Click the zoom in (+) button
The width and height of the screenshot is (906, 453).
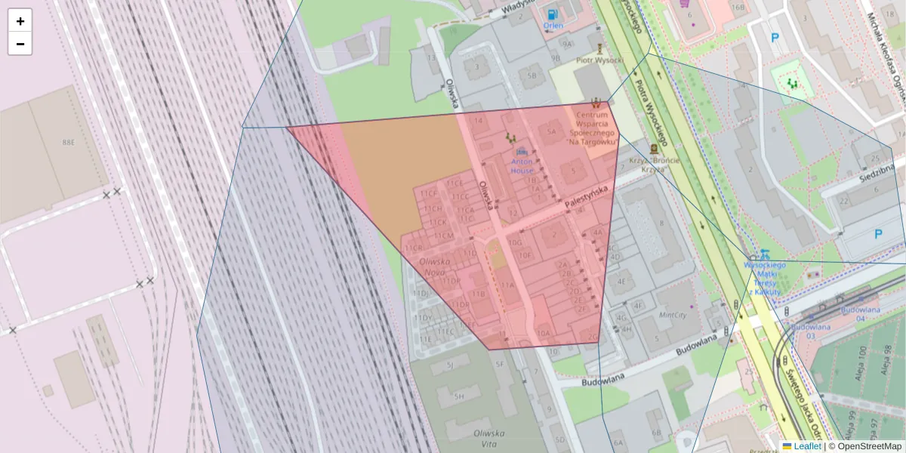(20, 21)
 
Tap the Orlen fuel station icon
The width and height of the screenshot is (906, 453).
(553, 14)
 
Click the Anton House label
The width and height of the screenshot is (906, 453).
(522, 165)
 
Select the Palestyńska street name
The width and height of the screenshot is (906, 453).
(586, 197)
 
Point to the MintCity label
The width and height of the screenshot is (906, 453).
(672, 315)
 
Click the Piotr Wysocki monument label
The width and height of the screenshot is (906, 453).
(599, 60)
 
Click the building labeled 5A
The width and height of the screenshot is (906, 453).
(551, 132)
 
